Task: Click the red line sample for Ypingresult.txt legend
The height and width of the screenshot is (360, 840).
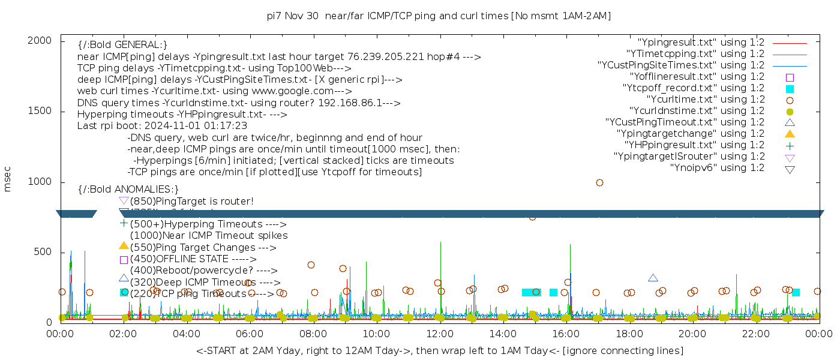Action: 790,43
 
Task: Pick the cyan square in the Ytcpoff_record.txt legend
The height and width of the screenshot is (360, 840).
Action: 790,88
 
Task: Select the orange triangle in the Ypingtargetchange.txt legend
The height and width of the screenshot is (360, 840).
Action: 790,134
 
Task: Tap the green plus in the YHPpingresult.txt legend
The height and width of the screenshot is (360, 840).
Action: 790,145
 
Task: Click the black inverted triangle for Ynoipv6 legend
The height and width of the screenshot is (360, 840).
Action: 790,169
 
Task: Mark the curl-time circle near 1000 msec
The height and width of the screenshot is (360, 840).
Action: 599,183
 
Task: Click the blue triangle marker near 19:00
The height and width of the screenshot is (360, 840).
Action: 653,278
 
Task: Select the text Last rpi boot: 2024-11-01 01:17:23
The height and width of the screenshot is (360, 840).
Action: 162,126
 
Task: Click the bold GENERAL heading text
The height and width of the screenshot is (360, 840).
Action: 122,44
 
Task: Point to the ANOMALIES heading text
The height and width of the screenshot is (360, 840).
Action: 128,189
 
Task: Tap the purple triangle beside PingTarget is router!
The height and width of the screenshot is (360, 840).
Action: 124,200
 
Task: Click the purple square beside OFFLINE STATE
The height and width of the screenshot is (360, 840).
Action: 124,260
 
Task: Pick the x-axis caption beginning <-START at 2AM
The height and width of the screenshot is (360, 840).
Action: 439,350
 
